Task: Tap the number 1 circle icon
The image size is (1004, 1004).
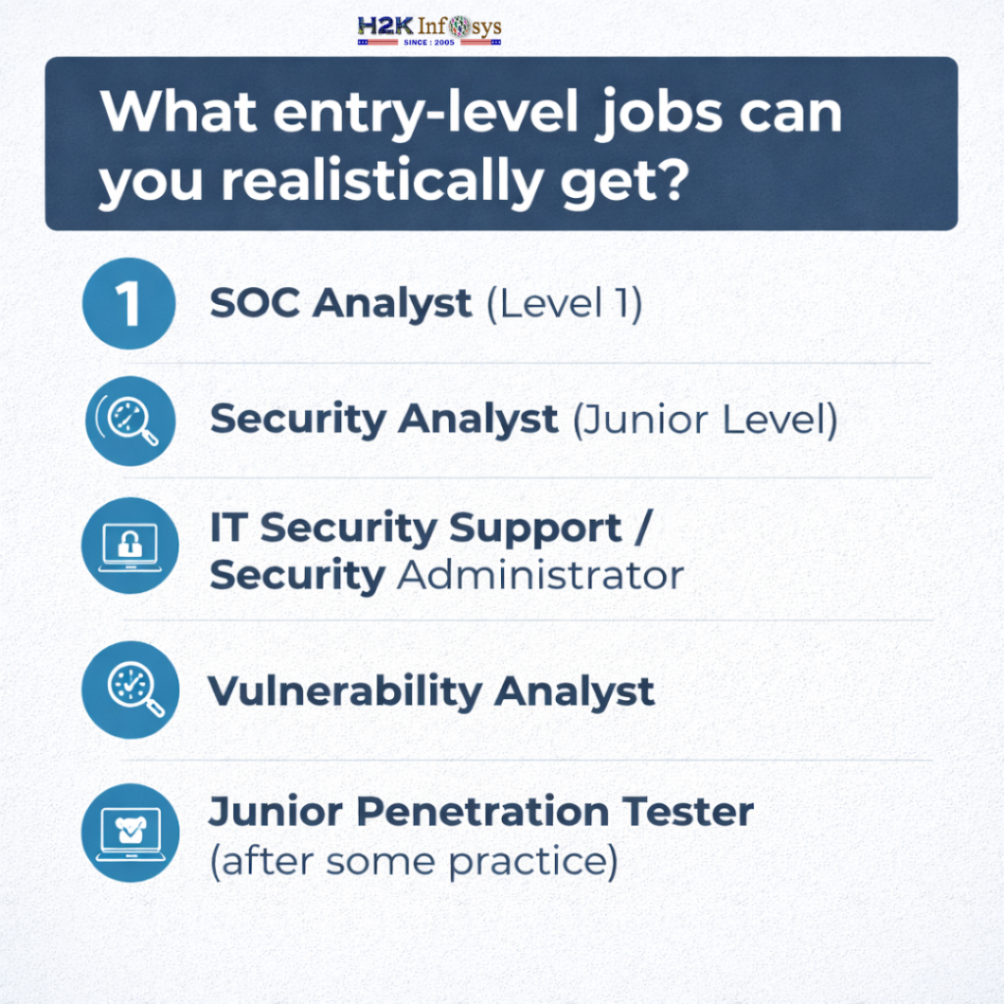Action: (128, 304)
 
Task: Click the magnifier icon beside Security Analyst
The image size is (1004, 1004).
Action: (129, 420)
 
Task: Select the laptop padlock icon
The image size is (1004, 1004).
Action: (129, 545)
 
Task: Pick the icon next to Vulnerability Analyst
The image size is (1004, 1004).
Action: (129, 689)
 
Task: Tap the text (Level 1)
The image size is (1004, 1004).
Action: (564, 304)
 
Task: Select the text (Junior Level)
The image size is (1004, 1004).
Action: (704, 420)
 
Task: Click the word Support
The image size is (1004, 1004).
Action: (535, 529)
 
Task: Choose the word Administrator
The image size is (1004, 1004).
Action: (539, 576)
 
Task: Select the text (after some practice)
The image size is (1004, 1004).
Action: (413, 860)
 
